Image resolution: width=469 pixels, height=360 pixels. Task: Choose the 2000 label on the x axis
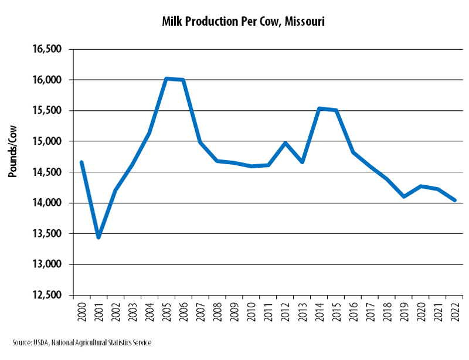tap(81, 311)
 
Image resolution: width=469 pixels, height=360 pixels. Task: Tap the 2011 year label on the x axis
tap(269, 311)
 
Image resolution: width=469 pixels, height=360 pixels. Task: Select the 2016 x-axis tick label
tap(354, 311)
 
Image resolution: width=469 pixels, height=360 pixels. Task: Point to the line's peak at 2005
tap(166, 79)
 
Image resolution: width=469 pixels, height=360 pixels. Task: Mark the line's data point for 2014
tap(320, 108)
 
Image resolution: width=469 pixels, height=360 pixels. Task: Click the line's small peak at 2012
tap(286, 143)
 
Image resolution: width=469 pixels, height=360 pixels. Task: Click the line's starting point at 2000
tap(81, 162)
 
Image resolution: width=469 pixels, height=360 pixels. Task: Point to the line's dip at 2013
tap(303, 162)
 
